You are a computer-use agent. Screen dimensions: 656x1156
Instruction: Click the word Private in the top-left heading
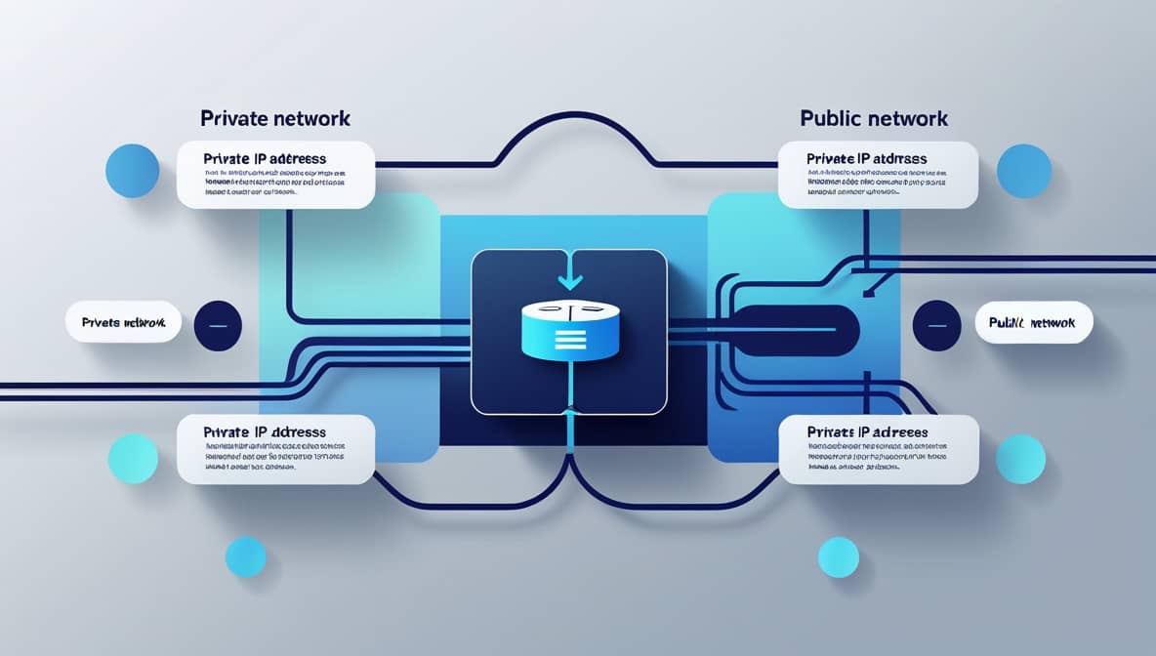tap(231, 118)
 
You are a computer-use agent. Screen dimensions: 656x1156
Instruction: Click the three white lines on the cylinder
tap(569, 340)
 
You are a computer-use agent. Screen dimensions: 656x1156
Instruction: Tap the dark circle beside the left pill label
tap(219, 325)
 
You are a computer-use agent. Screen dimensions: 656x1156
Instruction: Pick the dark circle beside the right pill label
tap(937, 325)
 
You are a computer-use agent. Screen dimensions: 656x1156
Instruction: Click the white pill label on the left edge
tap(124, 322)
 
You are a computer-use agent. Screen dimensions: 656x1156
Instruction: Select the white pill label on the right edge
tap(1034, 322)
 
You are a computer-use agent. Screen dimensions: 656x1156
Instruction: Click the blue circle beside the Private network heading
tap(132, 171)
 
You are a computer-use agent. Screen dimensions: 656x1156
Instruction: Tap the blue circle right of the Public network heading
tap(1024, 171)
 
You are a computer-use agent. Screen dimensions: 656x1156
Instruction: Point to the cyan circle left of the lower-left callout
tap(133, 458)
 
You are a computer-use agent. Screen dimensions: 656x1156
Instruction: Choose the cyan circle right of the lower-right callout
tap(1020, 459)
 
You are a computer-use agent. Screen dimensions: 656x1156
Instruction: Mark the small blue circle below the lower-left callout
tap(245, 556)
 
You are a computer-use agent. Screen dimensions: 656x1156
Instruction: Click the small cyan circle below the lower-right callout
tap(838, 556)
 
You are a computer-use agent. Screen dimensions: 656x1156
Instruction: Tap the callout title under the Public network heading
tap(867, 158)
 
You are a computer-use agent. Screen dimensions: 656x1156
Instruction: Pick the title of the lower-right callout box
tap(867, 431)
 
